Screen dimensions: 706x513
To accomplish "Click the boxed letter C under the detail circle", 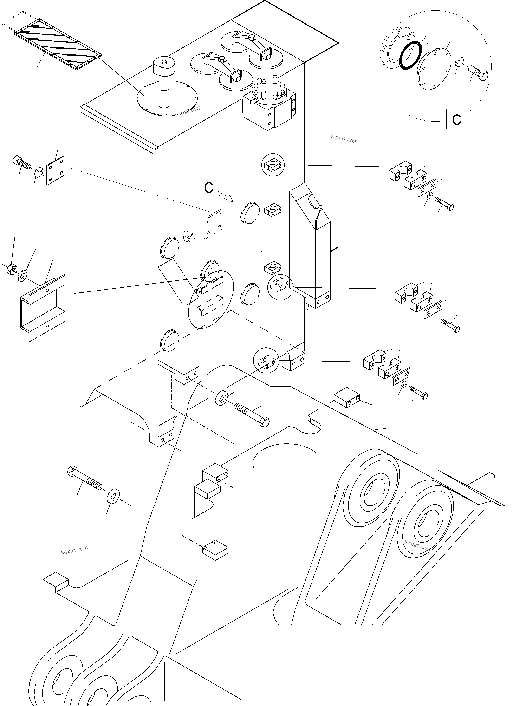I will [x=456, y=119].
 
